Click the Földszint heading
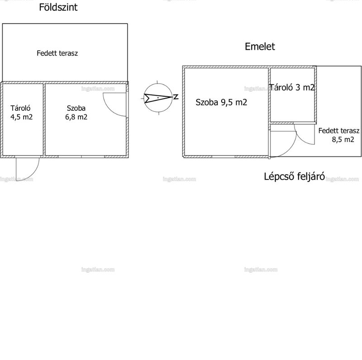pyautogui.click(x=58, y=7)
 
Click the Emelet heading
pyautogui.click(x=260, y=47)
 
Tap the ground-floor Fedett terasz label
pyautogui.click(x=57, y=53)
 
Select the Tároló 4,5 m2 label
pyautogui.click(x=21, y=112)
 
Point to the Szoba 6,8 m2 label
pyautogui.click(x=76, y=112)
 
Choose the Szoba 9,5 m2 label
pyautogui.click(x=221, y=102)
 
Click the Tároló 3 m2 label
pyautogui.click(x=292, y=87)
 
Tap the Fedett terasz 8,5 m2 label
pyautogui.click(x=338, y=135)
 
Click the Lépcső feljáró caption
pyautogui.click(x=295, y=176)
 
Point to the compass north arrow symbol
pyautogui.click(x=158, y=98)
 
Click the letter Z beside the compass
pyautogui.click(x=176, y=97)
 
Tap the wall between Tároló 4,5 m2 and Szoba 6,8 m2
pyautogui.click(x=44, y=119)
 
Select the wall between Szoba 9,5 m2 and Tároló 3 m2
pyautogui.click(x=269, y=95)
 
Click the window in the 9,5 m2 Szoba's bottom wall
pyautogui.click(x=224, y=156)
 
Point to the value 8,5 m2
pyautogui.click(x=343, y=139)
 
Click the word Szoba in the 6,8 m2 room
pyautogui.click(x=76, y=108)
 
